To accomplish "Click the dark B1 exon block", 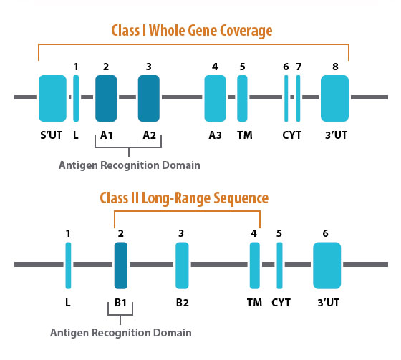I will tap(121, 264).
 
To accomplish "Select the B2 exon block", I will tap(182, 264).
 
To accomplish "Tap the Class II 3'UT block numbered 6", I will tap(326, 264).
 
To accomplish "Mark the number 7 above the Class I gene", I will tap(299, 67).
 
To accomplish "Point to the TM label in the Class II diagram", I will tap(253, 302).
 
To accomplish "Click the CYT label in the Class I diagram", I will tap(292, 135).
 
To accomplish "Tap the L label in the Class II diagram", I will tap(68, 302).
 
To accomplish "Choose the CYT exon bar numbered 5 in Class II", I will tap(279, 264).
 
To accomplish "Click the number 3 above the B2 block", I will tap(181, 233).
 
